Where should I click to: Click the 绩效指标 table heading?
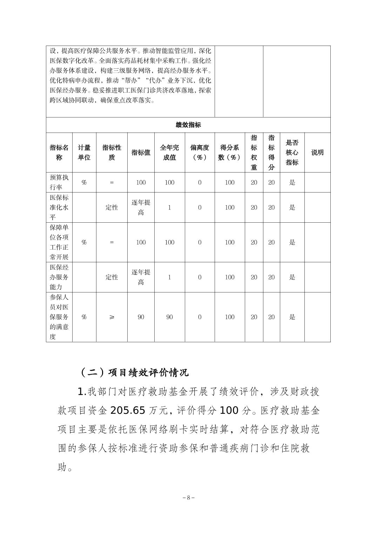point(188,125)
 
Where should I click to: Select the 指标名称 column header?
point(59,153)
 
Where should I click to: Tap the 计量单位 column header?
point(84,153)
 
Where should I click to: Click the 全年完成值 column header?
point(169,153)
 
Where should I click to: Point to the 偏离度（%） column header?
point(200,153)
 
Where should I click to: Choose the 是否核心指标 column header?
point(292,153)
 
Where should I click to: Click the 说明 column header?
point(317,153)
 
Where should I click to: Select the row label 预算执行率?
point(59,182)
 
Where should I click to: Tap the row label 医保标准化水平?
point(59,207)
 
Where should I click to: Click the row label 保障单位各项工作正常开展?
point(59,242)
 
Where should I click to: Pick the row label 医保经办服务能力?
point(59,277)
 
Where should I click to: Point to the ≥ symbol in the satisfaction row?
point(112,317)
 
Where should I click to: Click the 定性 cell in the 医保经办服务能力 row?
point(112,277)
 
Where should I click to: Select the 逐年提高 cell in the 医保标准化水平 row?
point(141,207)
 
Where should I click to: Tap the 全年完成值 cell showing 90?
point(169,317)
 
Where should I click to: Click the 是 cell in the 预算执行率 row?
point(292,182)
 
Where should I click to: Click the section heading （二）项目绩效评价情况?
point(134,372)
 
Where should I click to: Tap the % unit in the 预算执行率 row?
point(84,182)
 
